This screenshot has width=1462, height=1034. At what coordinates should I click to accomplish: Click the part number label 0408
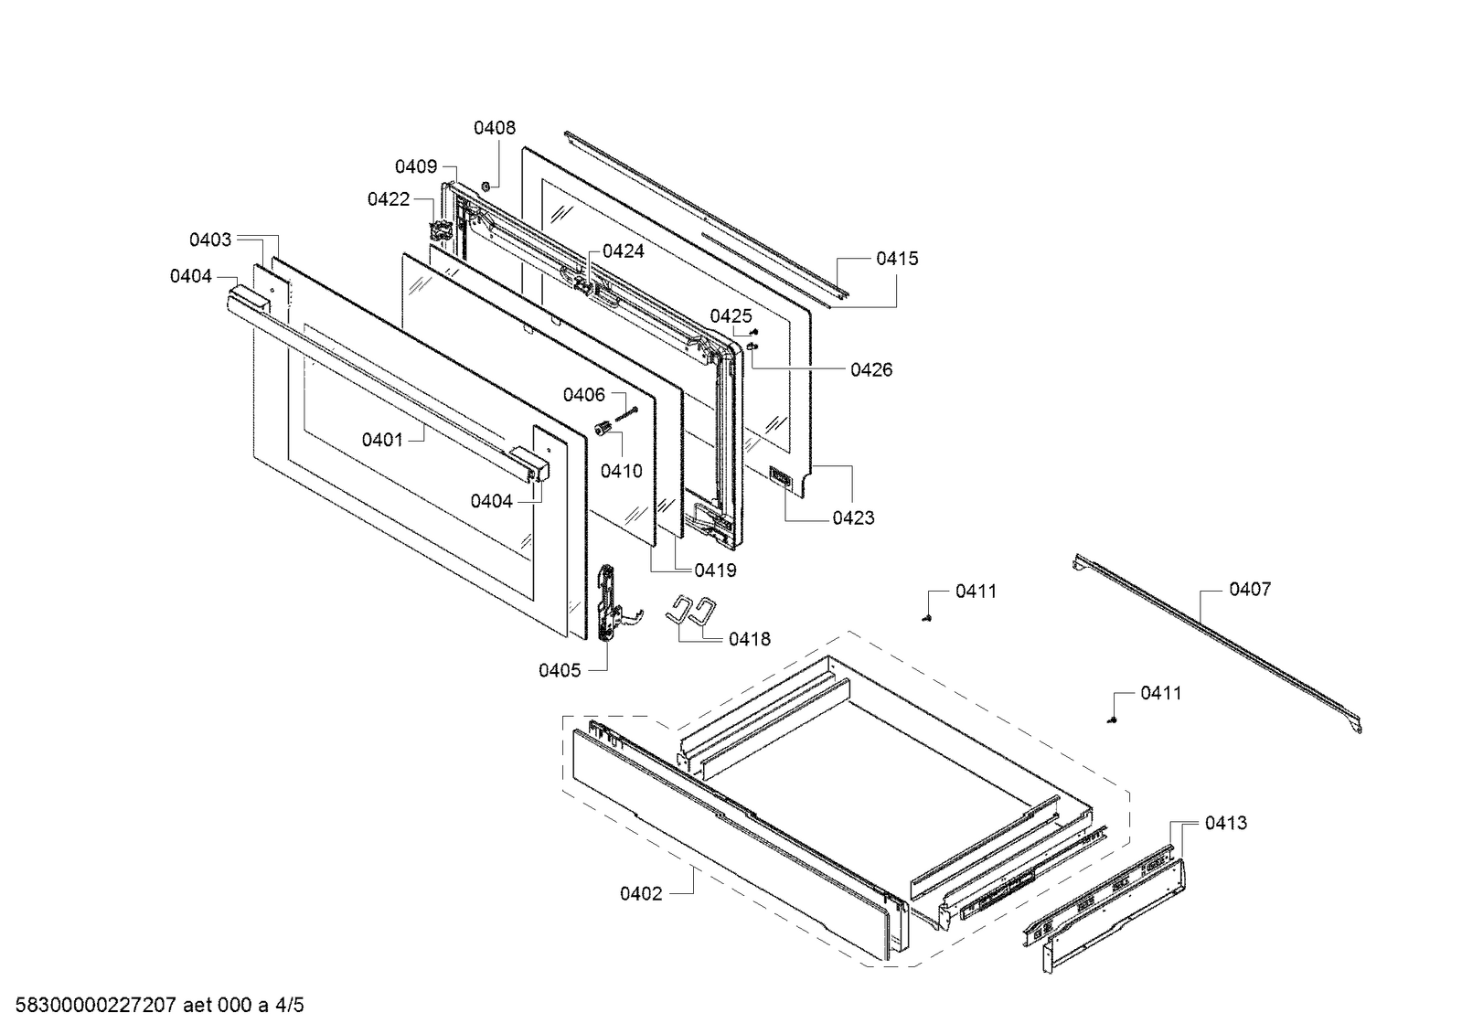[494, 128]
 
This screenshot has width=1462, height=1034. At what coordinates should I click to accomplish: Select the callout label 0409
[415, 166]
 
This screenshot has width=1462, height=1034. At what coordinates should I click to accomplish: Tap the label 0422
[389, 199]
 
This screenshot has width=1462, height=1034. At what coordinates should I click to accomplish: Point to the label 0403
[210, 240]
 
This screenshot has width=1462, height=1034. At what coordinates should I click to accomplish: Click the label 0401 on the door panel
[382, 440]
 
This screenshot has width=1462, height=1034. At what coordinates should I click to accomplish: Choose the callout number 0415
[897, 259]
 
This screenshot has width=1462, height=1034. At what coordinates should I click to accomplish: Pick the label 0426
[871, 369]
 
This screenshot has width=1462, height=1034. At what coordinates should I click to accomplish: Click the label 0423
[853, 517]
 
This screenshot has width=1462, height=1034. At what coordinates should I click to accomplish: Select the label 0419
[715, 570]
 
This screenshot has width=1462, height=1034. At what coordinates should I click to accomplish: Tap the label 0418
[749, 639]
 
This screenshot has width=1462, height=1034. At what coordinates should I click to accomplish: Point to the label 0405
[560, 670]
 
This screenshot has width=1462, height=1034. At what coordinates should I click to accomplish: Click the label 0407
[1249, 590]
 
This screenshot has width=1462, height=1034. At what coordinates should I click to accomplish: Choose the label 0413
[1225, 823]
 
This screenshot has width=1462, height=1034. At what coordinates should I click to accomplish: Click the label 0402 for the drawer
[641, 893]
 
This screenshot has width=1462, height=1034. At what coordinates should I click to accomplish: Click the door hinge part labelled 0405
[606, 603]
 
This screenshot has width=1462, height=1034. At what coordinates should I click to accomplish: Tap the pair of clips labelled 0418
[692, 610]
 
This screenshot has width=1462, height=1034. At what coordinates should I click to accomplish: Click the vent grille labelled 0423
[781, 477]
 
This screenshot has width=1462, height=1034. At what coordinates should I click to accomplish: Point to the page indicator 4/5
[289, 1006]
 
